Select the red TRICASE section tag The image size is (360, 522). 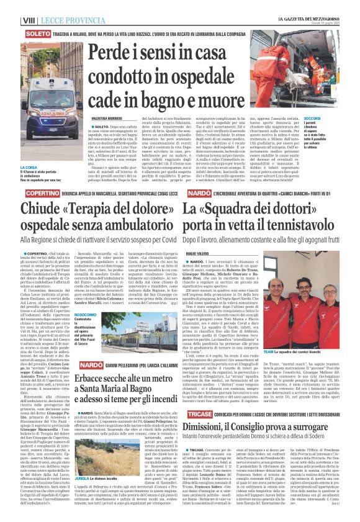197,412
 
